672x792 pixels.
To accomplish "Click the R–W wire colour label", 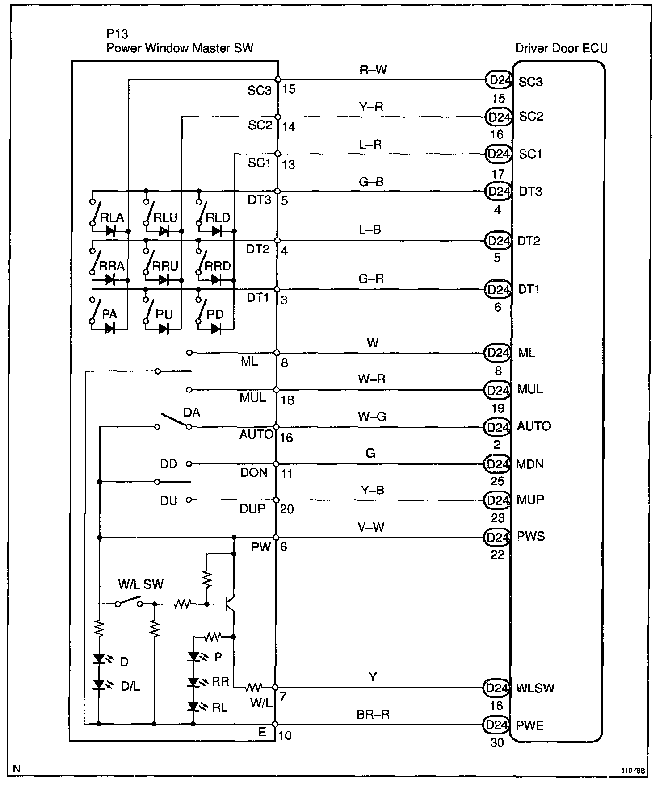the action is coord(373,70).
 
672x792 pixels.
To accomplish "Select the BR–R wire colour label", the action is coord(373,714).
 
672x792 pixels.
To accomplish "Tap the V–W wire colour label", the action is coord(371,527).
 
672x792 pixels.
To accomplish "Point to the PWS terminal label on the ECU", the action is coord(531,536).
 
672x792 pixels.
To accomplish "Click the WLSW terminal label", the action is coord(535,688).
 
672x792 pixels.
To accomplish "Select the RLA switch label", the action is coord(112,217).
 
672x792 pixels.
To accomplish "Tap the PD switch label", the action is coord(215,314).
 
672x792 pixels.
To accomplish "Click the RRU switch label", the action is coord(165,266).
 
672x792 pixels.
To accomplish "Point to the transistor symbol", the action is coord(230,604).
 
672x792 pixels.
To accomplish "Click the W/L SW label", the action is coord(141,584).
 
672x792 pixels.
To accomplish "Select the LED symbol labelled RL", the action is coord(193,706).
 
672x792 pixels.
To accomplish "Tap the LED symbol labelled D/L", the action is coord(99,685).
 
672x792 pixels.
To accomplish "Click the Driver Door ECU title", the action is coord(561,48).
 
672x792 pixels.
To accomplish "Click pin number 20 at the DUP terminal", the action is coord(287,509).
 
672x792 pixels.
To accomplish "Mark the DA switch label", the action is coord(192,413).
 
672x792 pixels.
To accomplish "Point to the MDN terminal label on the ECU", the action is coord(530,464).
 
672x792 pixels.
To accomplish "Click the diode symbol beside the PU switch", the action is coord(164,329).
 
